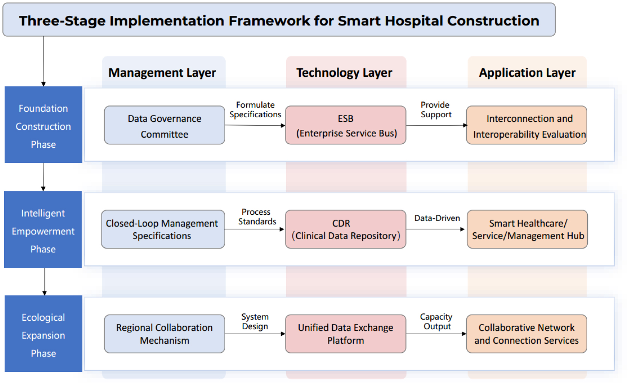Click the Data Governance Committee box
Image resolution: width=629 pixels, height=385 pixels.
[164, 125]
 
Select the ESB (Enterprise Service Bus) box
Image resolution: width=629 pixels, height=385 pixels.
[346, 125]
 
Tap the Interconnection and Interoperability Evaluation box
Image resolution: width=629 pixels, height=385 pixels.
[527, 125]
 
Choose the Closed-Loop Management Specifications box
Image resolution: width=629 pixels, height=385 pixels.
[163, 229]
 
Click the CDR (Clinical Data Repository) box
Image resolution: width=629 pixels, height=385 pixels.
[346, 229]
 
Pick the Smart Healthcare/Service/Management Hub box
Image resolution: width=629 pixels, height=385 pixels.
[527, 229]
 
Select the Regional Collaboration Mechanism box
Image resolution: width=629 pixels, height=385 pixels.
[164, 334]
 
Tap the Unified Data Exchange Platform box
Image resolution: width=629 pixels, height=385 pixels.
[346, 334]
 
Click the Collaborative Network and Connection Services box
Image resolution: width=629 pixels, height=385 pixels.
[527, 334]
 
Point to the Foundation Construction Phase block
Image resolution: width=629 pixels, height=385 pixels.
[44, 124]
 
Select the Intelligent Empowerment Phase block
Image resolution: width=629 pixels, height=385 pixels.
[43, 229]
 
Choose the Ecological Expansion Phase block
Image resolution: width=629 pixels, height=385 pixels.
[44, 334]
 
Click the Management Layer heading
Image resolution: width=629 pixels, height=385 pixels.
[162, 73]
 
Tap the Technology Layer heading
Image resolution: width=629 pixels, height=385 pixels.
[344, 73]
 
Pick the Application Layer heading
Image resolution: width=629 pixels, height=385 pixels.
[527, 73]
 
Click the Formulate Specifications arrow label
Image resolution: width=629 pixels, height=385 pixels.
[255, 110]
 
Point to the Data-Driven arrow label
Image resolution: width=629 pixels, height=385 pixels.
[437, 218]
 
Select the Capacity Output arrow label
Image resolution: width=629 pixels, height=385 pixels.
[436, 321]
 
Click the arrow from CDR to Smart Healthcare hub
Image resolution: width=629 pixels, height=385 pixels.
[436, 229]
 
